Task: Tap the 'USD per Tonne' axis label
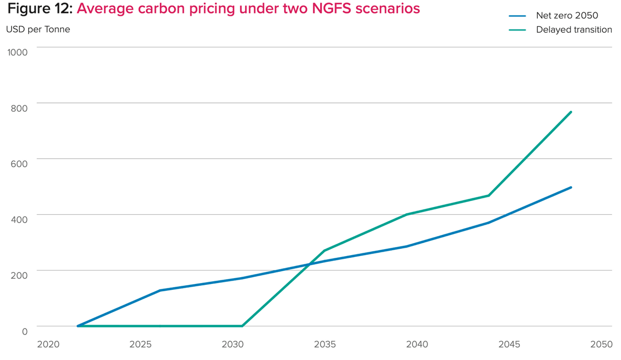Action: pyautogui.click(x=38, y=29)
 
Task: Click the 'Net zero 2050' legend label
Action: pyautogui.click(x=567, y=16)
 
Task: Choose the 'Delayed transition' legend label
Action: pyautogui.click(x=574, y=30)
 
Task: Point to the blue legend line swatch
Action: pyautogui.click(x=517, y=16)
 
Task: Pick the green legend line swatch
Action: pyautogui.click(x=517, y=30)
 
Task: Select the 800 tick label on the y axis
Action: pyautogui.click(x=19, y=108)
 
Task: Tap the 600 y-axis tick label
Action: pyautogui.click(x=19, y=164)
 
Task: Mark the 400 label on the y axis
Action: pyautogui.click(x=19, y=219)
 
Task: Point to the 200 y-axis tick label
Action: pyautogui.click(x=19, y=275)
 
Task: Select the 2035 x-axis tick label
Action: pyautogui.click(x=325, y=345)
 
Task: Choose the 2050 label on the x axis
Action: pyautogui.click(x=602, y=345)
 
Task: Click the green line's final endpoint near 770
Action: pyautogui.click(x=571, y=112)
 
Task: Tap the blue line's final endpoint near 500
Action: pyautogui.click(x=571, y=187)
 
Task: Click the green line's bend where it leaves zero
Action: pyautogui.click(x=242, y=326)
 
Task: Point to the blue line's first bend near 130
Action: pyautogui.click(x=159, y=290)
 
